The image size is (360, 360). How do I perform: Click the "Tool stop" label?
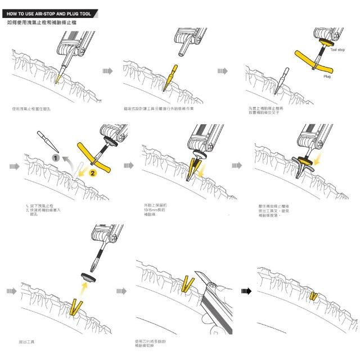(x=337, y=50)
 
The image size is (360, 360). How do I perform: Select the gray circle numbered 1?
(x=56, y=159)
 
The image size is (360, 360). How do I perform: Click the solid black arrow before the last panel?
(x=245, y=291)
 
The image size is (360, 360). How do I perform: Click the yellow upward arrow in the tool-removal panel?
(x=83, y=289)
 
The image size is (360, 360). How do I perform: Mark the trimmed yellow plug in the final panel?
(x=313, y=295)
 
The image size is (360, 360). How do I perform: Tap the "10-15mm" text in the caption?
(x=153, y=211)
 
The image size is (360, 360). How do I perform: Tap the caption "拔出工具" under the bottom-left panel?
(x=27, y=341)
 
